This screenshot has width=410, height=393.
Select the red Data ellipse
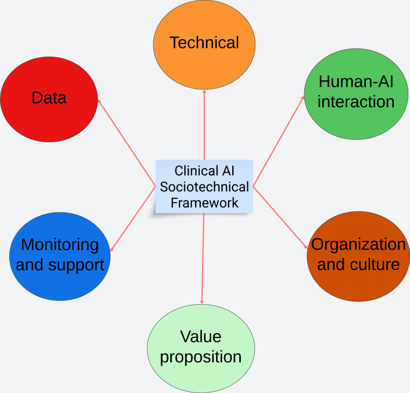click(x=49, y=98)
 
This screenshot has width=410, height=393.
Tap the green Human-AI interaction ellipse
click(x=356, y=92)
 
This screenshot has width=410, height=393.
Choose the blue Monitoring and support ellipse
click(x=60, y=256)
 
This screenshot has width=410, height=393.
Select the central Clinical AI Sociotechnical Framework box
click(x=204, y=187)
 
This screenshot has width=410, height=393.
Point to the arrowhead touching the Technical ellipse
click(x=204, y=92)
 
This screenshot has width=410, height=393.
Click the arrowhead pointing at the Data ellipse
click(x=99, y=101)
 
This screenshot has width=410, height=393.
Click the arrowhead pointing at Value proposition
click(x=202, y=302)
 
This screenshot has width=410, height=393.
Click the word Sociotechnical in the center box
click(x=204, y=187)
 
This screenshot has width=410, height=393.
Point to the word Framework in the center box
click(x=204, y=203)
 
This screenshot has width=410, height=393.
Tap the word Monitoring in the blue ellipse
click(x=60, y=245)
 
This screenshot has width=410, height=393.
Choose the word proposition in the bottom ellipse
click(x=201, y=357)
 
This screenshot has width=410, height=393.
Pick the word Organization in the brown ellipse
click(x=358, y=244)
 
